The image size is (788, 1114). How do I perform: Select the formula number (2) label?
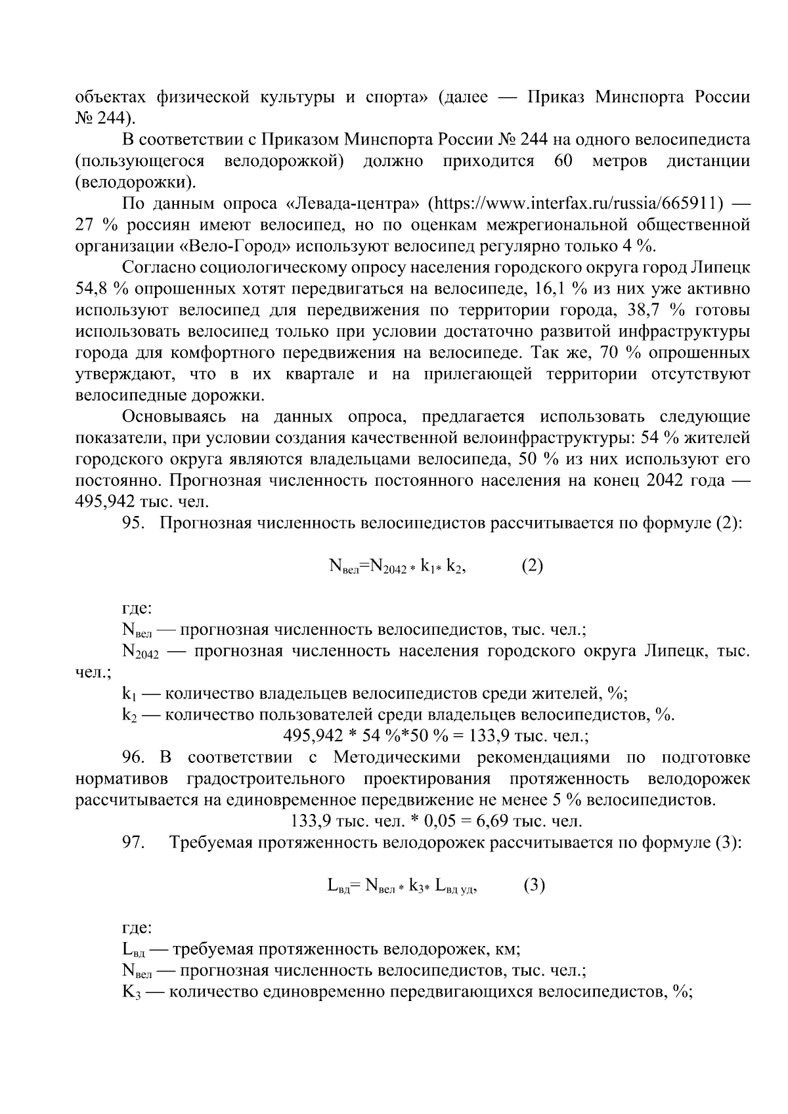tap(532, 566)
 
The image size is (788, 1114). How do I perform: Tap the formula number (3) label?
tap(535, 886)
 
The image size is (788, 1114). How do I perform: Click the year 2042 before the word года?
tap(668, 481)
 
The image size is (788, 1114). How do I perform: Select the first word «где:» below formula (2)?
tap(137, 609)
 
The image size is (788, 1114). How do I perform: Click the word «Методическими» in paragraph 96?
tap(395, 758)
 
